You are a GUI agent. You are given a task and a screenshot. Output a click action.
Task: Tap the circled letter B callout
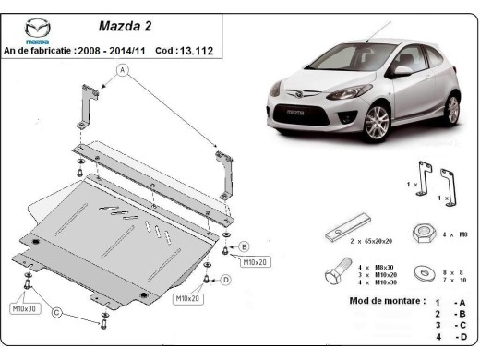(x=244, y=246)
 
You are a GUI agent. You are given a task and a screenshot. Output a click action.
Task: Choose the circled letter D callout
(x=225, y=280)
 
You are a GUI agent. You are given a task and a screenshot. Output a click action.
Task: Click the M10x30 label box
(x=24, y=308)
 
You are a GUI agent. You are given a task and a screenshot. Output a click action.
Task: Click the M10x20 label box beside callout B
(x=255, y=262)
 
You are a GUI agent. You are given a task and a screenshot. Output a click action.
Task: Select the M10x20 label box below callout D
(x=189, y=298)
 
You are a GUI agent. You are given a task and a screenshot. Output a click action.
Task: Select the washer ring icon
(x=425, y=274)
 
